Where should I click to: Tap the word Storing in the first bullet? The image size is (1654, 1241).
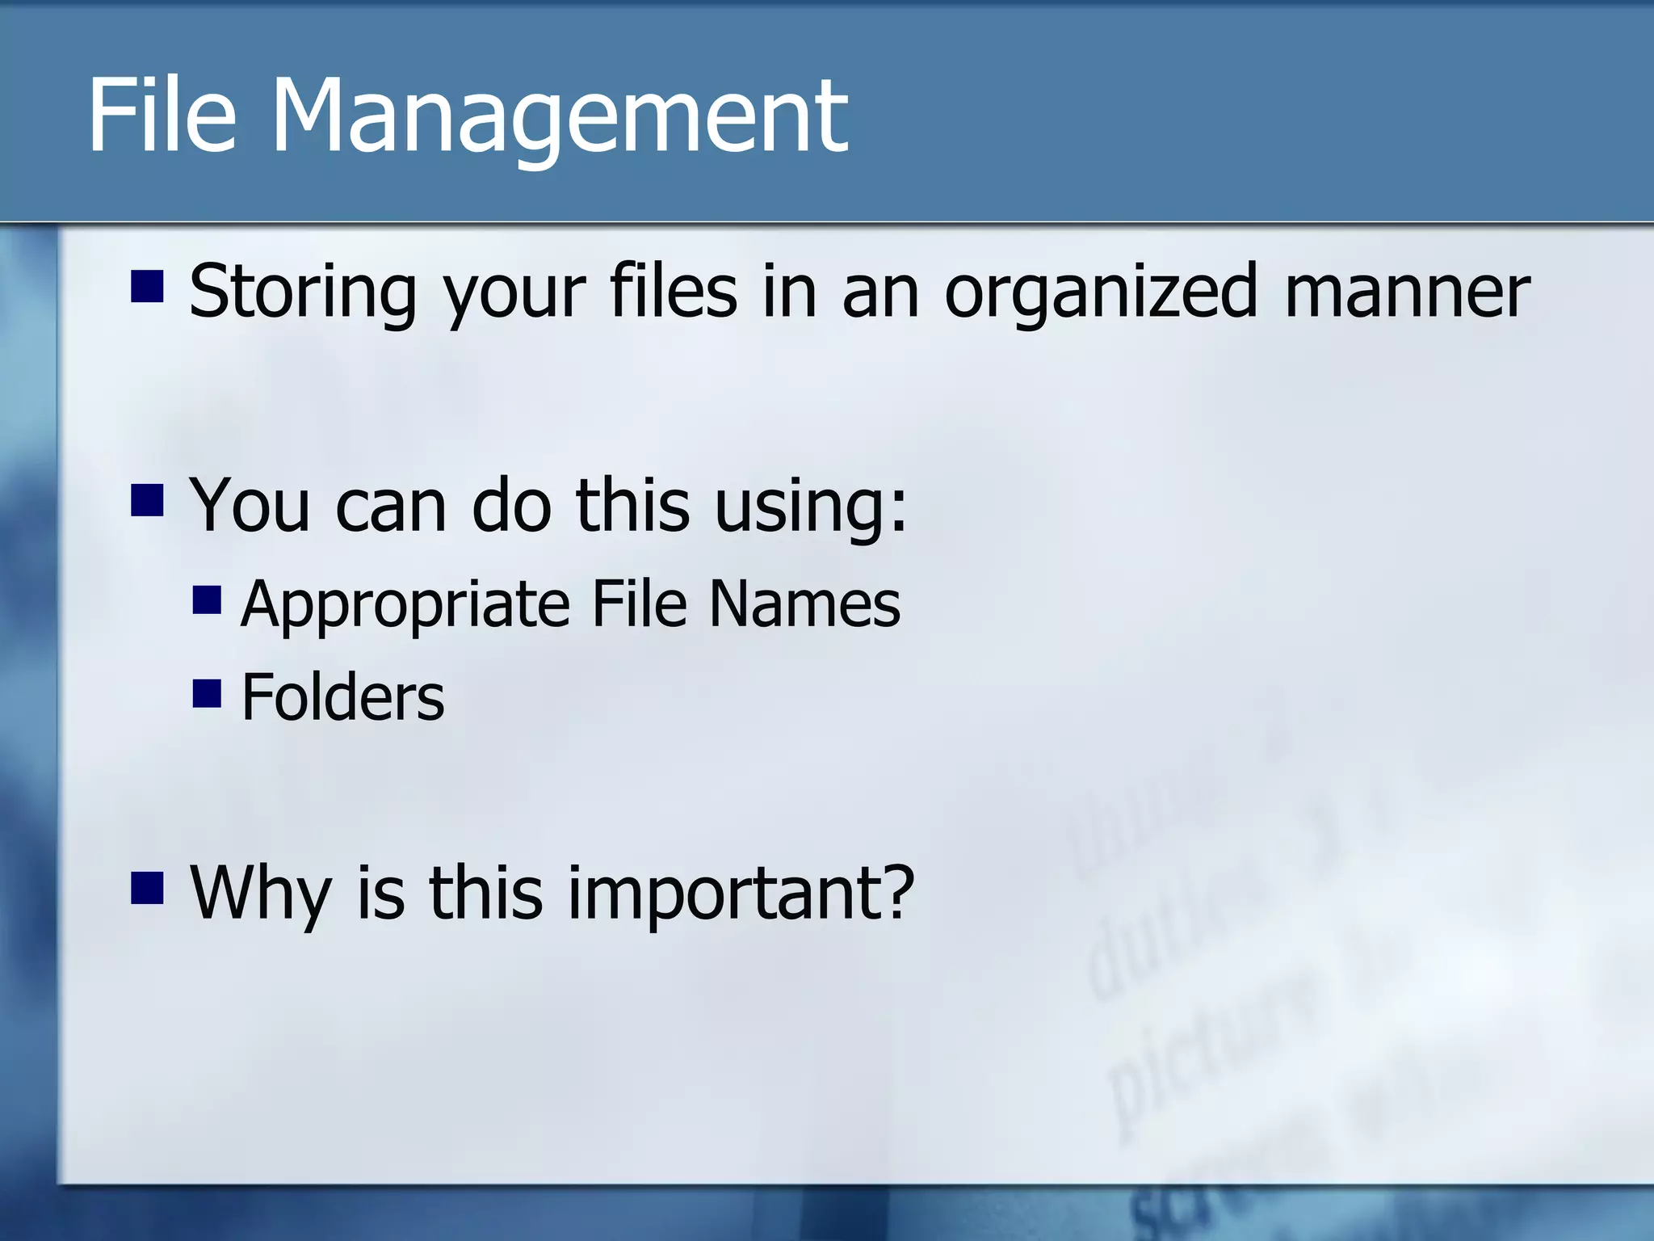pyautogui.click(x=302, y=292)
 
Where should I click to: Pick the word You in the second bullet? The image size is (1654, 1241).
pyautogui.click(x=250, y=507)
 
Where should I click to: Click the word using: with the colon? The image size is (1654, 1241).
pyautogui.click(x=811, y=508)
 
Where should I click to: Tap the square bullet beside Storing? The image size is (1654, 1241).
pyautogui.click(x=147, y=285)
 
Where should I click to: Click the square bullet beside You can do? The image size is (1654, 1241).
pyautogui.click(x=147, y=500)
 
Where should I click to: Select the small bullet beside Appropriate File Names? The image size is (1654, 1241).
pyautogui.click(x=207, y=600)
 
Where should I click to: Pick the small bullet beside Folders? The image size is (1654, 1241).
pyautogui.click(x=207, y=693)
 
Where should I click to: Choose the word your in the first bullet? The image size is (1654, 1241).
pyautogui.click(x=513, y=292)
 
